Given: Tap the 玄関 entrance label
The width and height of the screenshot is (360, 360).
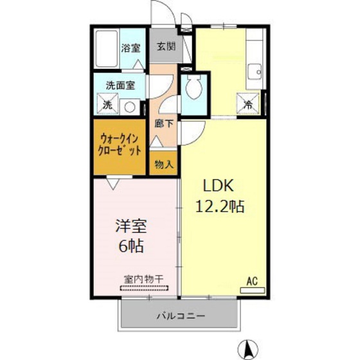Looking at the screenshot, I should click(x=165, y=46).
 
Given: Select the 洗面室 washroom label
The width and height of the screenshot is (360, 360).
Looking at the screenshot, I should click(x=120, y=84).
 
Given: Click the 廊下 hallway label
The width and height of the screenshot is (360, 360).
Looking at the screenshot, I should click(x=163, y=122).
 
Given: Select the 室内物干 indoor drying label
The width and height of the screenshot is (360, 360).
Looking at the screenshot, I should click(x=143, y=280).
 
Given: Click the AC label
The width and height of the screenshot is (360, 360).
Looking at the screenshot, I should click(x=253, y=280).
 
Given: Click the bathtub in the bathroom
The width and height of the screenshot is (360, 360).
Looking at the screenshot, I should click(x=106, y=50).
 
